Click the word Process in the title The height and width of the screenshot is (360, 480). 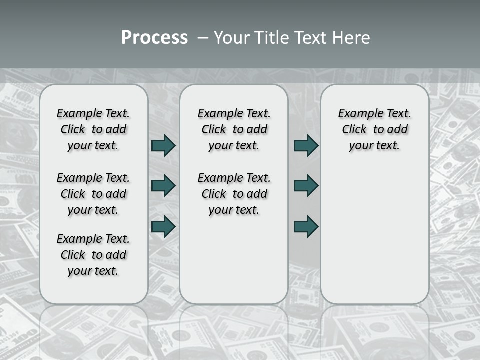tap(154, 38)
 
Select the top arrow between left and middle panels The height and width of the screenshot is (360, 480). tap(163, 146)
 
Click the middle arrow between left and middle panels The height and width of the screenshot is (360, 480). tap(163, 186)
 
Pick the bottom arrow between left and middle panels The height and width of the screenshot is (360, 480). tap(163, 226)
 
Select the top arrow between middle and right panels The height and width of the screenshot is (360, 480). tap(306, 146)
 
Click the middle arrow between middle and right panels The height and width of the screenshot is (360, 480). tap(306, 186)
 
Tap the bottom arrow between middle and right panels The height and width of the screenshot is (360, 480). tap(306, 226)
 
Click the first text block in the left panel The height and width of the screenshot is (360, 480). tap(93, 129)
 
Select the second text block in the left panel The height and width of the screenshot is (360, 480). tap(93, 194)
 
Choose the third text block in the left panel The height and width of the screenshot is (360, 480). tap(93, 255)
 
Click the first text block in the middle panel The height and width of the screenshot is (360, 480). tap(234, 129)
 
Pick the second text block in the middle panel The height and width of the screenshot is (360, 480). tap(234, 194)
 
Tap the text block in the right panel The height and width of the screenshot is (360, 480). tap(374, 129)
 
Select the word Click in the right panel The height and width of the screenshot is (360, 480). tap(354, 130)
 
